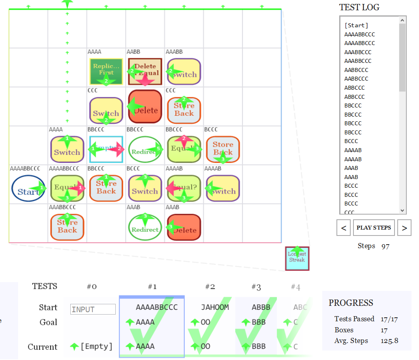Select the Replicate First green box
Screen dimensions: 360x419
pos(106,71)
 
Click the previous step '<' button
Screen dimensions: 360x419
pos(344,228)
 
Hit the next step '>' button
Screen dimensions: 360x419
pos(404,228)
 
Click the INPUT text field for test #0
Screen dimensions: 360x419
pos(93,309)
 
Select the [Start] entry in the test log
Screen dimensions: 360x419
pos(356,25)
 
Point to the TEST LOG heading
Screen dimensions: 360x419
pos(359,7)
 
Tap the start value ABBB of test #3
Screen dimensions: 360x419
pos(261,307)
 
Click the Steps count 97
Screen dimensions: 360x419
pos(385,246)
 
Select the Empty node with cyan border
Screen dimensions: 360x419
pos(106,149)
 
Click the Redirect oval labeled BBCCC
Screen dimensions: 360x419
pos(145,149)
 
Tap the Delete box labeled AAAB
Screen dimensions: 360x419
pos(184,227)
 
